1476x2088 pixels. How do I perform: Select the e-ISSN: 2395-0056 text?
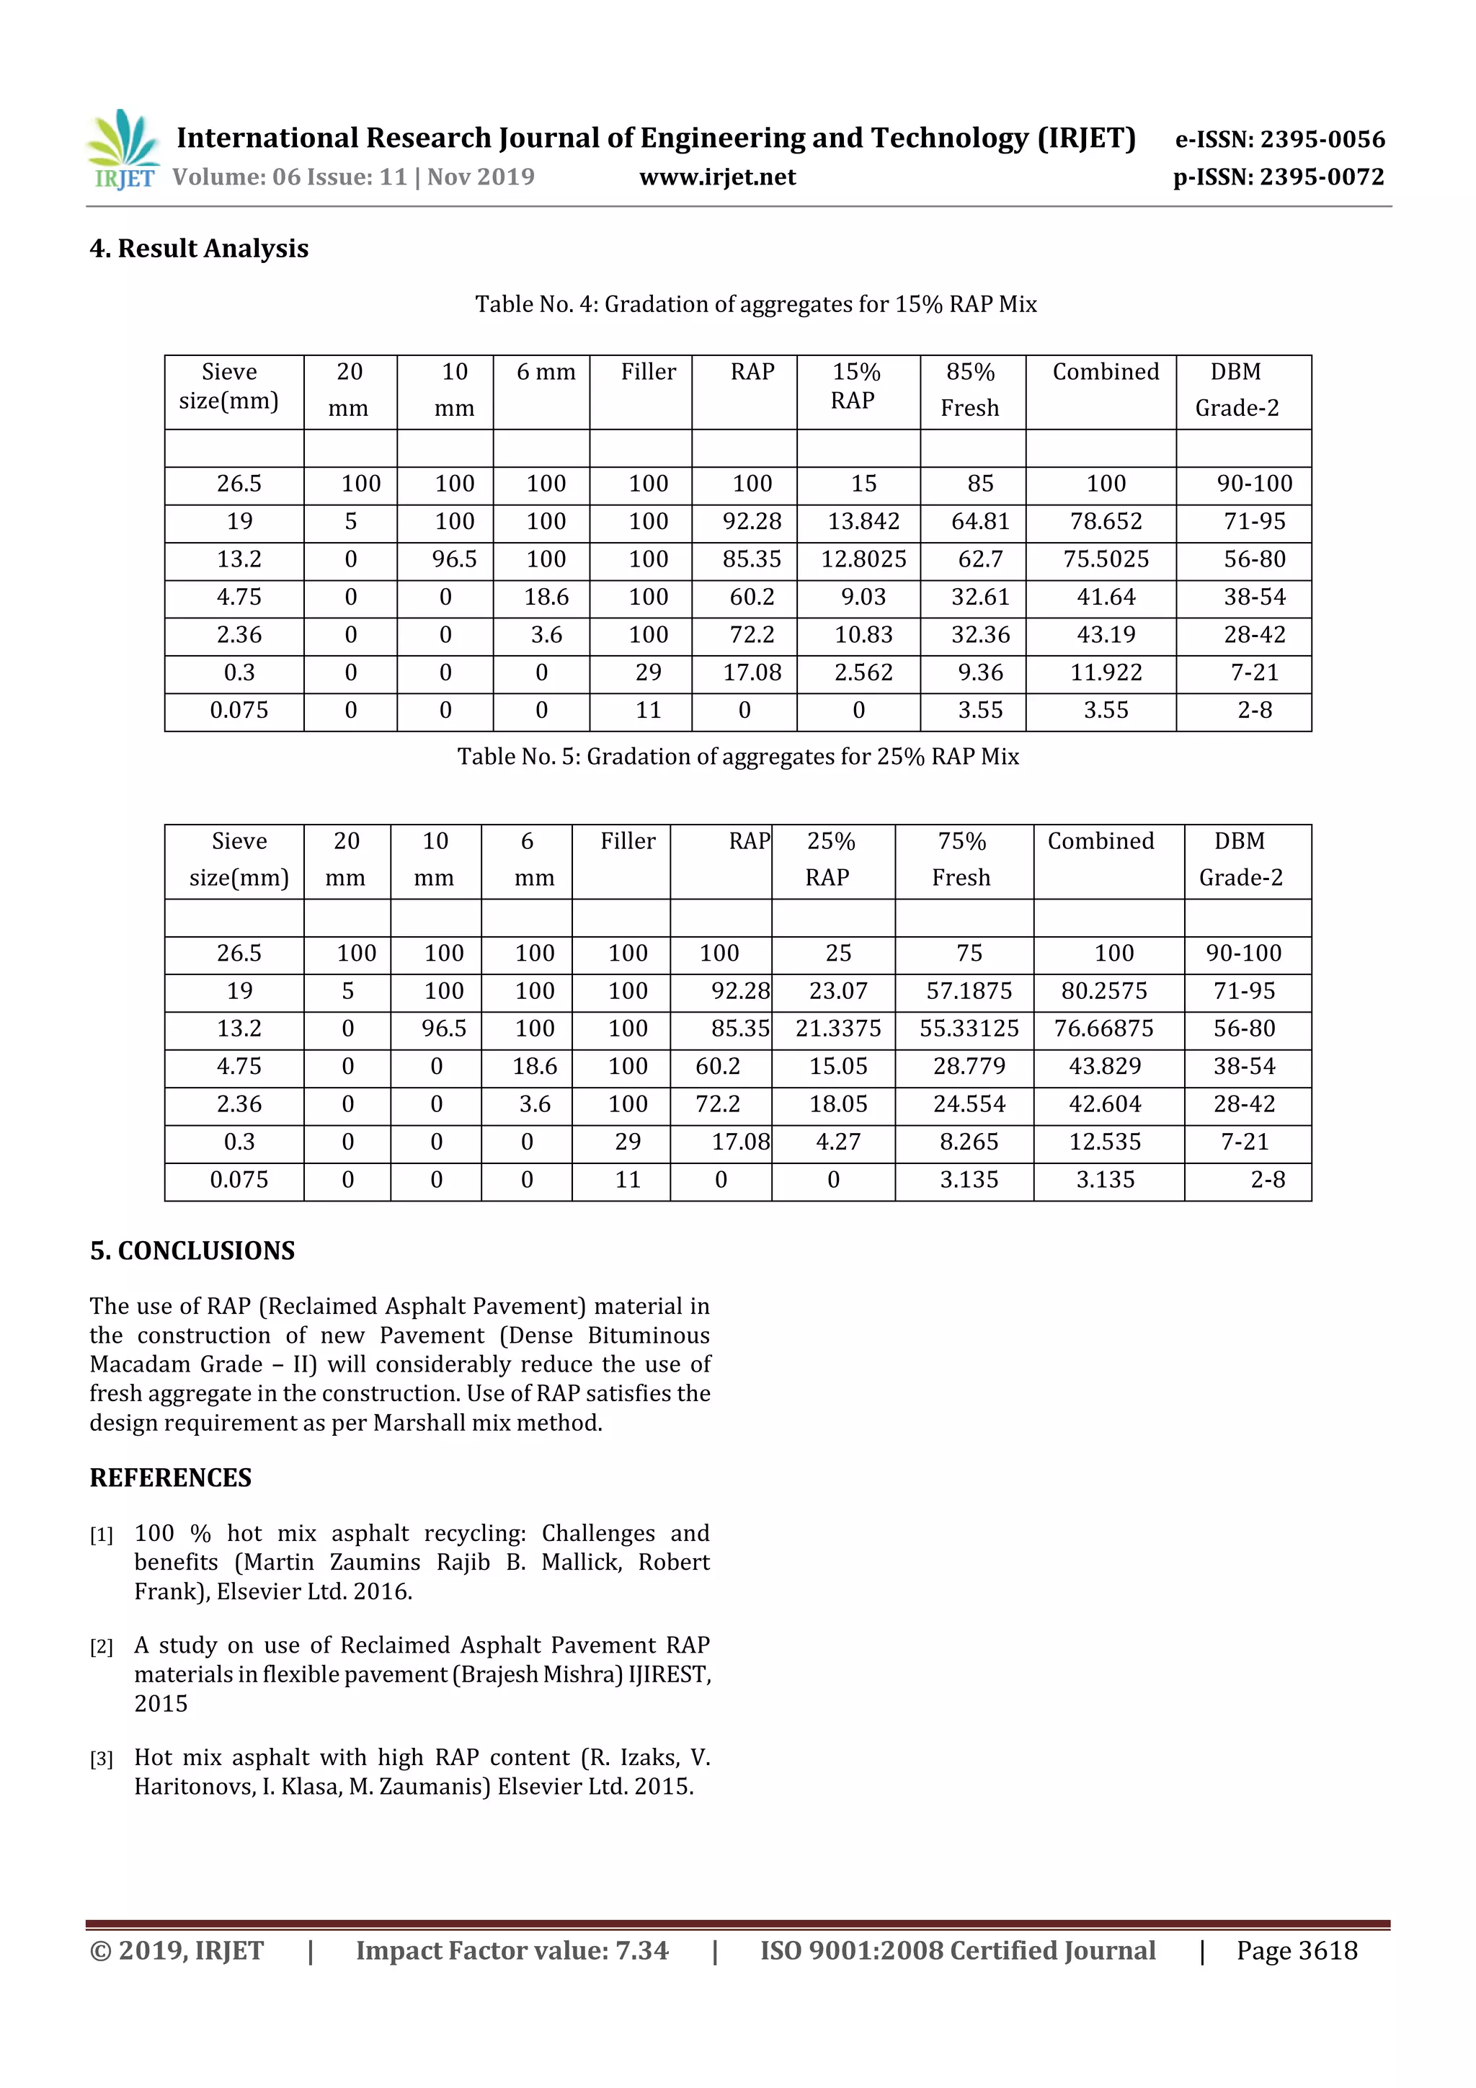click(x=1279, y=139)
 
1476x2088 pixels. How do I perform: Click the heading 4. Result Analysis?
click(x=199, y=248)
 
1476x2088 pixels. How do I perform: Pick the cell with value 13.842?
click(x=863, y=521)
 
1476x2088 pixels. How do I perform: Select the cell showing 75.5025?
click(x=1105, y=559)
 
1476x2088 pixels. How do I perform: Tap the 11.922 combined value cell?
click(x=1105, y=673)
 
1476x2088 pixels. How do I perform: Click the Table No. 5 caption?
click(x=737, y=757)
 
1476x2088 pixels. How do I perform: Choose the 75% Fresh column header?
click(x=961, y=859)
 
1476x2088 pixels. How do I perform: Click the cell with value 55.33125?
click(x=969, y=1029)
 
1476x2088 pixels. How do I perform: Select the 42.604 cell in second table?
click(x=1104, y=1104)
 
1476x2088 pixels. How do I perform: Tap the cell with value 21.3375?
click(x=837, y=1029)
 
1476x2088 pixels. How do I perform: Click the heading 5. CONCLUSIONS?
click(x=192, y=1250)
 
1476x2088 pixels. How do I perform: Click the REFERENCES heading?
click(x=170, y=1478)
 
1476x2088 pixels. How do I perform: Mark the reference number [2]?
click(x=101, y=1647)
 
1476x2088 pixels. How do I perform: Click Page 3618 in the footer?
click(x=1296, y=1950)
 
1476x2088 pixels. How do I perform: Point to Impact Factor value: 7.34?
click(x=511, y=1950)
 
